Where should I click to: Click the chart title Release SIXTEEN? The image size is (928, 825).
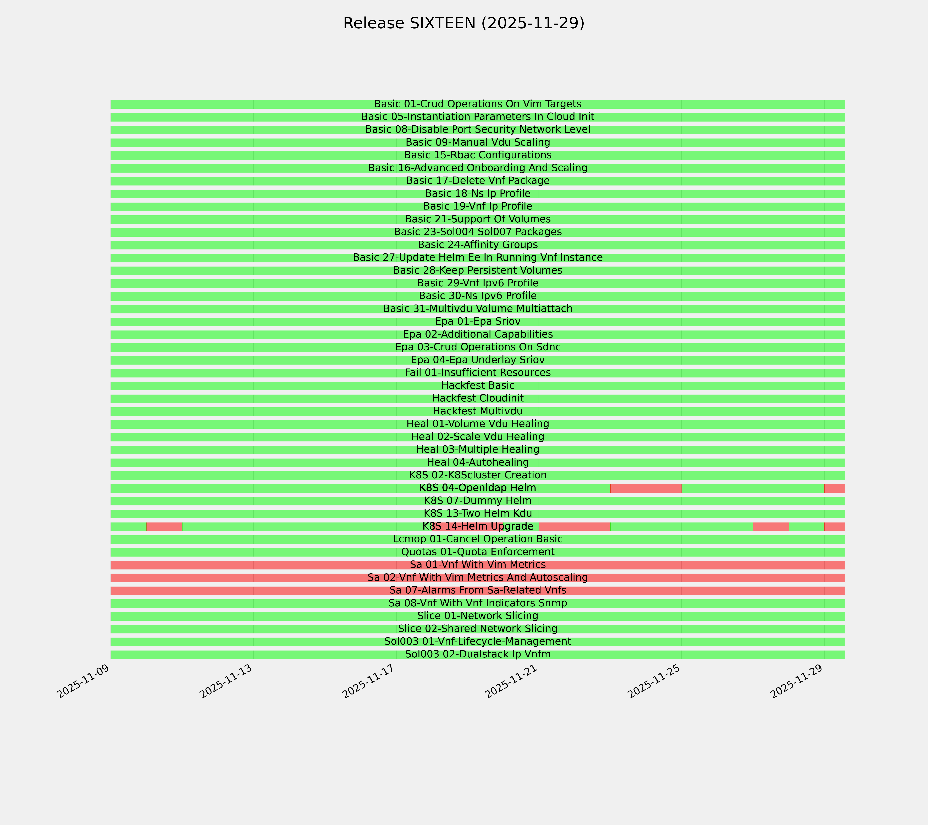click(x=463, y=23)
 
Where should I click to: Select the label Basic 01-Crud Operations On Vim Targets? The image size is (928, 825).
click(x=478, y=104)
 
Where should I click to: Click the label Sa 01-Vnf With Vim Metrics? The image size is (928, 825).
click(x=478, y=565)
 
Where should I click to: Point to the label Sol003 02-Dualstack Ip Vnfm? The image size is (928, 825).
click(x=478, y=654)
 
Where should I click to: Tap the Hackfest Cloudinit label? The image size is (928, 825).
click(x=478, y=398)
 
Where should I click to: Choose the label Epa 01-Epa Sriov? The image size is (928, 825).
click(x=478, y=321)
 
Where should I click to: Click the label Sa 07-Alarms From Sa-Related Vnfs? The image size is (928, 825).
click(x=478, y=590)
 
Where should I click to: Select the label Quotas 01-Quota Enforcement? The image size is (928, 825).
click(x=478, y=552)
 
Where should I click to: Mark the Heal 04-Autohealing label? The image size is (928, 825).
click(x=478, y=462)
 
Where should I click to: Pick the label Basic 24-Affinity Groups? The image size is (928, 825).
click(x=478, y=245)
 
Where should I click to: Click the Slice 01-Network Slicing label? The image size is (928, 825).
click(x=478, y=616)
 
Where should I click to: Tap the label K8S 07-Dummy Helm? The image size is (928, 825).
click(x=478, y=501)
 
